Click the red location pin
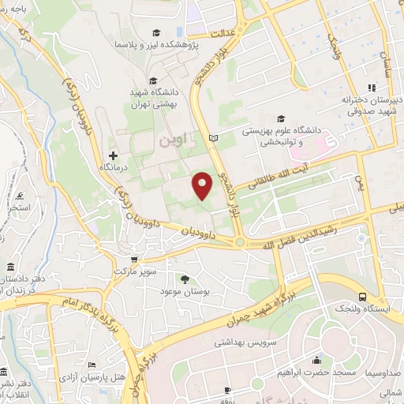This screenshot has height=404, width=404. pos(203,185)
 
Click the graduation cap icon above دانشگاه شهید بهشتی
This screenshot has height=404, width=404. pos(152,80)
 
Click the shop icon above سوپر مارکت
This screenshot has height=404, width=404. pos(134,259)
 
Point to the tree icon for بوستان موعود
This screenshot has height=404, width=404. pos(185,279)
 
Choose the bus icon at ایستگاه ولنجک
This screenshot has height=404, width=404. pos(362,297)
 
